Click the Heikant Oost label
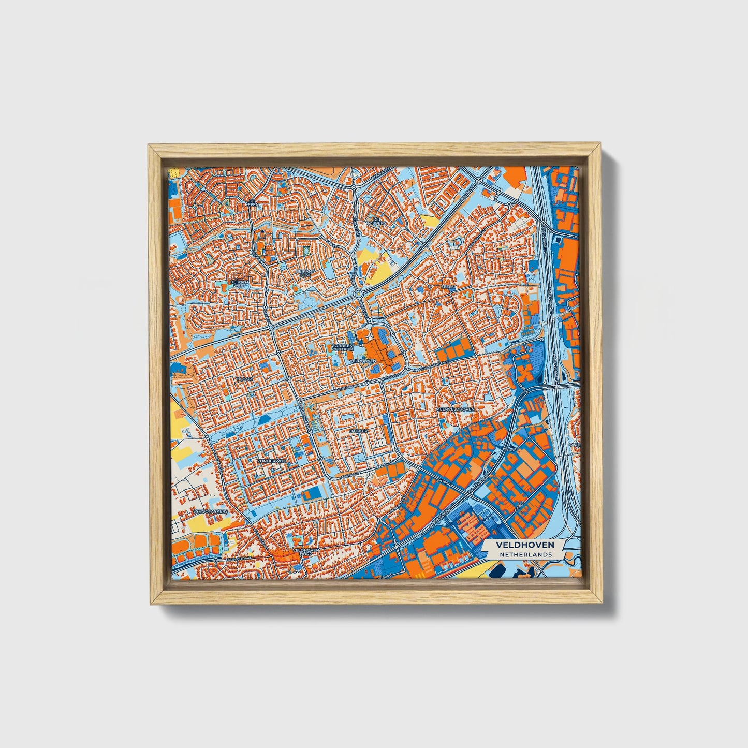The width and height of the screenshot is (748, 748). point(303,272)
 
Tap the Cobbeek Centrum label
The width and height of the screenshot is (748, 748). point(342,347)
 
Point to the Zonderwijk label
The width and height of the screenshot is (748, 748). point(271,460)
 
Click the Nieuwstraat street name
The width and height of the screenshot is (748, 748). point(238,560)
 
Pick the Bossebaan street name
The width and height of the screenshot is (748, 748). point(346,386)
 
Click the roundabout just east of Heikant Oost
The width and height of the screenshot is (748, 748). point(359,294)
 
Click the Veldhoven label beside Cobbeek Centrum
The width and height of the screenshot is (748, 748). point(363,360)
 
